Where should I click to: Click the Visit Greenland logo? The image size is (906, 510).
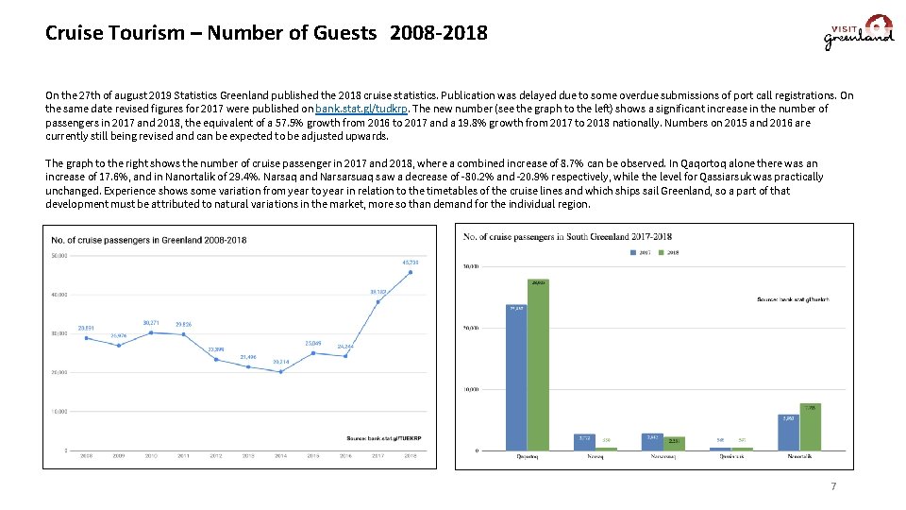pos(858,33)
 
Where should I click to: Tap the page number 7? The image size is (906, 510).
pos(833,486)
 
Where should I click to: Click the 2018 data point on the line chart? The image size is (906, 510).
pos(410,272)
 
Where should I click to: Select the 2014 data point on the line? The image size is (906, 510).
pos(280,371)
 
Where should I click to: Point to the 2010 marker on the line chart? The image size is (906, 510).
pos(151,331)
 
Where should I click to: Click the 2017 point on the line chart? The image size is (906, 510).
pos(377,301)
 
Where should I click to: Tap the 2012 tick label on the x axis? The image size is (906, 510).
pos(215,456)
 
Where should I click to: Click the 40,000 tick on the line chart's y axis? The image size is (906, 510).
pos(59,296)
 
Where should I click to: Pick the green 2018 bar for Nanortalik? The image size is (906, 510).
pos(810,427)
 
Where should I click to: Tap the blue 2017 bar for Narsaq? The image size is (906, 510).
pos(584,442)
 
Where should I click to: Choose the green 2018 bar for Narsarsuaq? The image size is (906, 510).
pos(674,444)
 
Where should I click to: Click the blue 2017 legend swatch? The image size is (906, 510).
pos(633,251)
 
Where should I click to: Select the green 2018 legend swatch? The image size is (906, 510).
pos(662,251)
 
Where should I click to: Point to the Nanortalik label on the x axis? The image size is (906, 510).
pos(798,456)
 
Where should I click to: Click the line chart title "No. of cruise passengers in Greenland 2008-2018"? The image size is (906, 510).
pos(149,240)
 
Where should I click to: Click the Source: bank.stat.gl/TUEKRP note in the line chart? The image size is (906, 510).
pos(384,437)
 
